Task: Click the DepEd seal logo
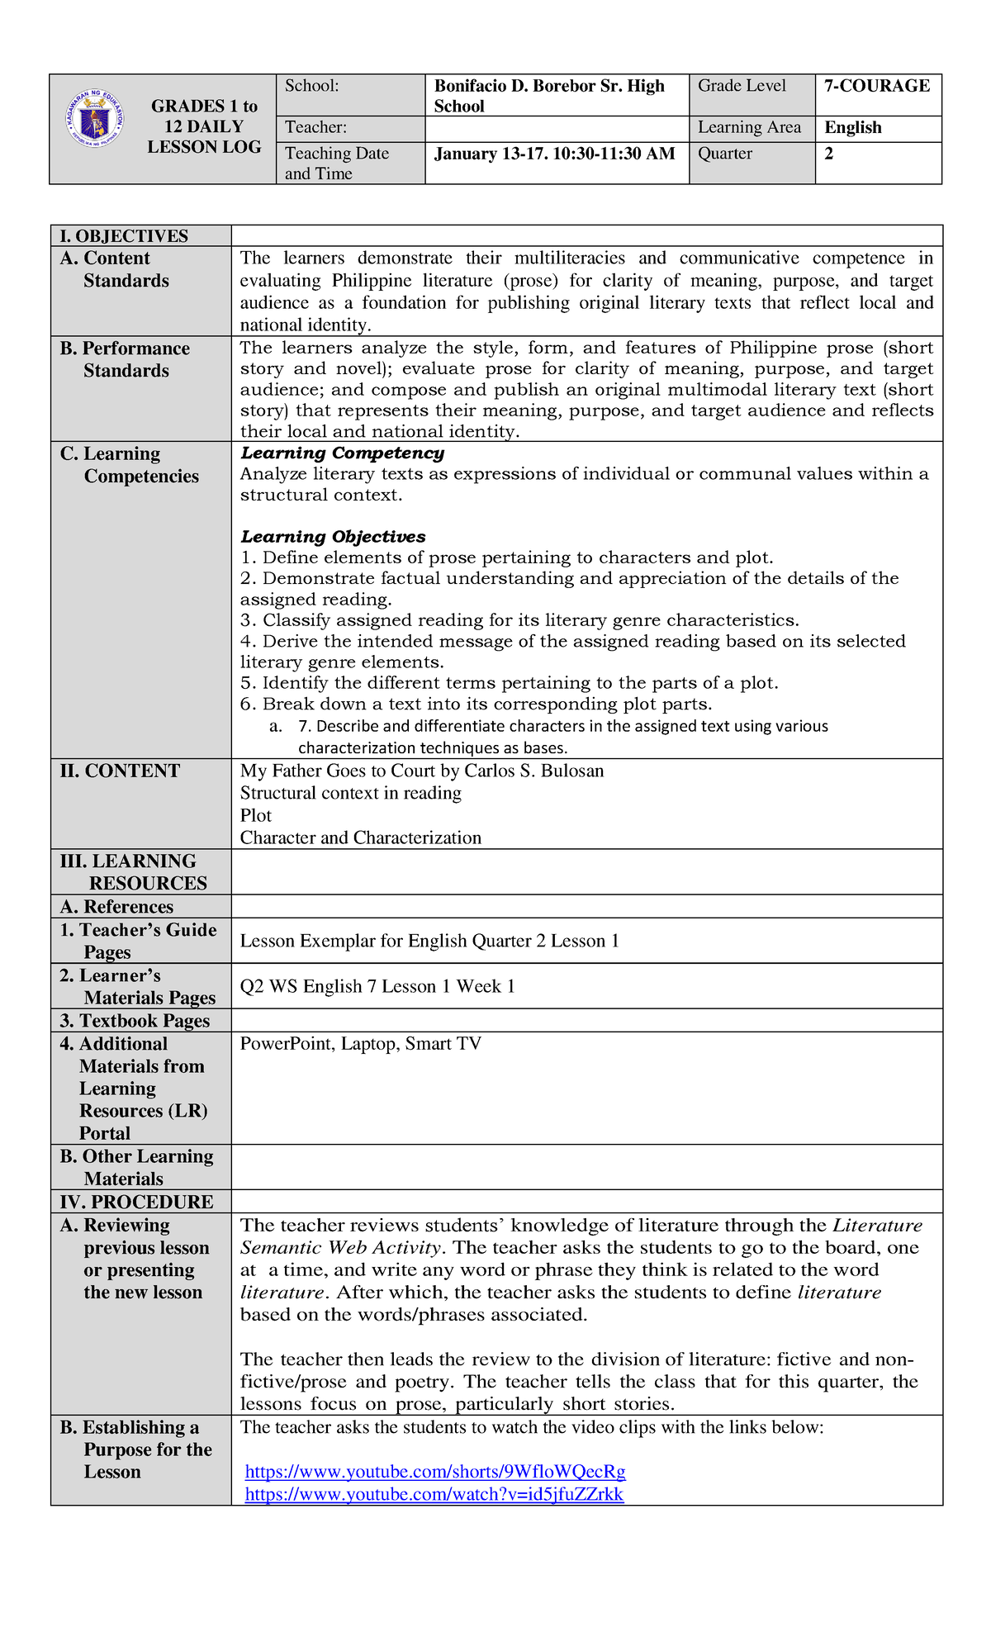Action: (x=95, y=117)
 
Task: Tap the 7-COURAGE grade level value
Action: (x=876, y=86)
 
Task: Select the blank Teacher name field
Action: (x=557, y=128)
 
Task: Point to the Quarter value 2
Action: (x=828, y=154)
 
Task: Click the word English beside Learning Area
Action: (x=853, y=127)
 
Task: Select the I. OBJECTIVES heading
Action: (x=124, y=235)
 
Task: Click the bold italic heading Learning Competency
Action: (x=342, y=453)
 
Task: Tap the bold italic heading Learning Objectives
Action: (x=333, y=537)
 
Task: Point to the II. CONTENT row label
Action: (x=120, y=771)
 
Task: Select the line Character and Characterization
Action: (x=360, y=837)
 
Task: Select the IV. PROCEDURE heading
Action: (x=136, y=1202)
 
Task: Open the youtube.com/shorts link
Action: (x=435, y=1471)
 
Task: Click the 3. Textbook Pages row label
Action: (x=135, y=1021)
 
